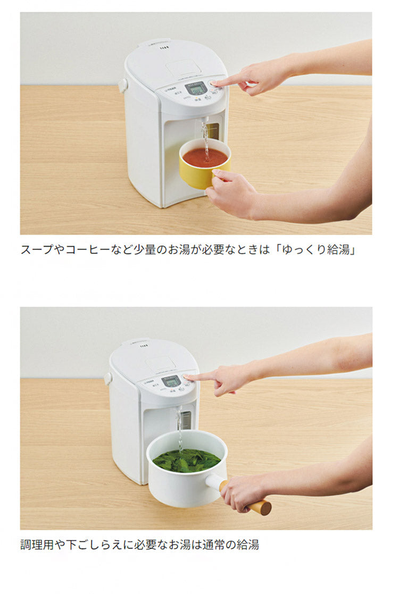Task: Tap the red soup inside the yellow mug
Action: point(205,157)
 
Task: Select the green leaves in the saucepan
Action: point(186,460)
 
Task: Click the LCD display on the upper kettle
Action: point(195,88)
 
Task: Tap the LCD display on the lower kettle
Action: point(171,381)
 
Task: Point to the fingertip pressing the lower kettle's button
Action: point(187,377)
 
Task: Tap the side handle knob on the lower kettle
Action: point(108,378)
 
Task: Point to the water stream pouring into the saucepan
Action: point(180,428)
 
